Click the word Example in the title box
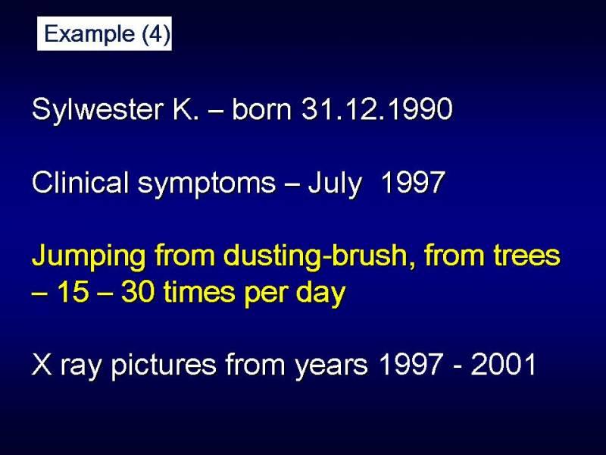[89, 34]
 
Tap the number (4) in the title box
[156, 34]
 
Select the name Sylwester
[96, 110]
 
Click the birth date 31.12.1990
[376, 108]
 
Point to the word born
[261, 108]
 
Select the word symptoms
[207, 184]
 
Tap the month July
[335, 184]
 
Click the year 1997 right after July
[413, 182]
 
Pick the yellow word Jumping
[89, 257]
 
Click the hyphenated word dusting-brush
[316, 257]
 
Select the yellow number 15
[73, 292]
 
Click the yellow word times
[199, 292]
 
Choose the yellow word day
[320, 293]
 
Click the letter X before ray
[42, 364]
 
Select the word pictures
[164, 366]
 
